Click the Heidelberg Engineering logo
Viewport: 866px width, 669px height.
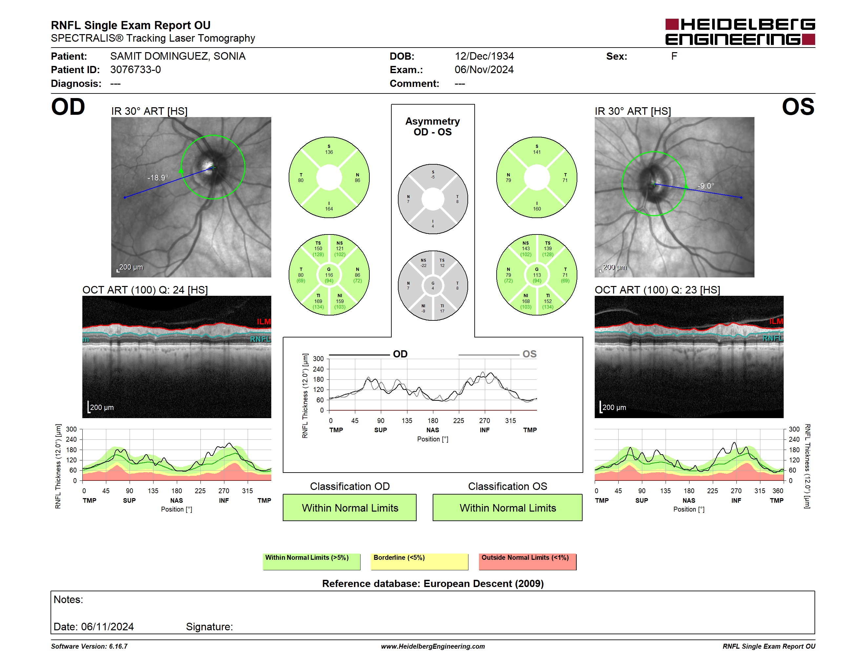740,32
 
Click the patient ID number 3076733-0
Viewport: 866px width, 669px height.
135,70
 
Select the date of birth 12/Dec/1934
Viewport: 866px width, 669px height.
484,56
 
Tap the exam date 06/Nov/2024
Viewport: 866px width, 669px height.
484,70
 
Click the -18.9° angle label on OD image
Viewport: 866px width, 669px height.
158,177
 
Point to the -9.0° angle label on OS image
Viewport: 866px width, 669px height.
706,186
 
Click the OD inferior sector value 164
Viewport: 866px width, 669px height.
329,209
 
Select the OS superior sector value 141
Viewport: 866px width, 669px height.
537,152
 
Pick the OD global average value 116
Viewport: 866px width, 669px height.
329,275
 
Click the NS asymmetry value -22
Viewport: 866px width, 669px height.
423,266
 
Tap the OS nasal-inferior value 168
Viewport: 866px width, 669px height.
526,301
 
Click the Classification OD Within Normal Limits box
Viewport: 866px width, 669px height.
350,507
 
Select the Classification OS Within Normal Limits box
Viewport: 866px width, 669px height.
507,507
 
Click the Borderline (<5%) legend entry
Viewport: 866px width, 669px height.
420,561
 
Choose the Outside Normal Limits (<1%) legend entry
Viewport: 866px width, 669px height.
528,561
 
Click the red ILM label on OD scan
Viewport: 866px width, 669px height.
264,321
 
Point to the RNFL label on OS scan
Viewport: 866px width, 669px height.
773,338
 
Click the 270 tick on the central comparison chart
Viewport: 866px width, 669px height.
485,420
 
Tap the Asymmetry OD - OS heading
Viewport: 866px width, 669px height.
433,127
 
